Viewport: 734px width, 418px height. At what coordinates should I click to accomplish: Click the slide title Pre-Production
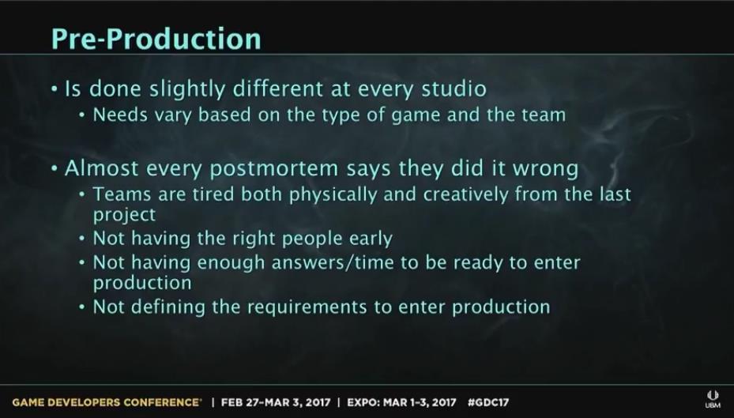[x=156, y=39]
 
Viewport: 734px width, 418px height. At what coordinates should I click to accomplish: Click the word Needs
[x=120, y=115]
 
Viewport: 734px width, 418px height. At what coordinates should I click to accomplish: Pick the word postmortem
[x=274, y=169]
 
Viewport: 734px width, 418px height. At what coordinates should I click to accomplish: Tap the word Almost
[x=102, y=168]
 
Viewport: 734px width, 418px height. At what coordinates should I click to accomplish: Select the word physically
[x=333, y=194]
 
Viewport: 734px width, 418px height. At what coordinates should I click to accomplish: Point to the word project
[x=124, y=215]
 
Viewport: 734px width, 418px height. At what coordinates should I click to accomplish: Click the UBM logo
[x=713, y=399]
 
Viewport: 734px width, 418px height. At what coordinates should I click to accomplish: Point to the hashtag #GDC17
[x=489, y=402]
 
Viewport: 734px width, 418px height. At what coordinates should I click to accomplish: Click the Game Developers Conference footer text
[x=106, y=402]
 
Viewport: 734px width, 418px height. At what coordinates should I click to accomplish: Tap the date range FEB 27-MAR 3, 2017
[x=276, y=402]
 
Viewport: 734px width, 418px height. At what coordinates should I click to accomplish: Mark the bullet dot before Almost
[x=56, y=168]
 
